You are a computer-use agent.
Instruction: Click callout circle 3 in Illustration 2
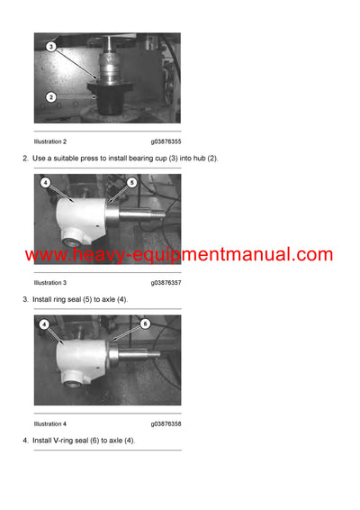pos(51,46)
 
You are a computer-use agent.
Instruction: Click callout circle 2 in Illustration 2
pos(51,96)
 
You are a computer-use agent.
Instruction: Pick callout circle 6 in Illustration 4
pos(144,323)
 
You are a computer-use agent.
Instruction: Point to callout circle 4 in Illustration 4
pos(45,323)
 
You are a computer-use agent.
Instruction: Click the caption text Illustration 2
pos(50,141)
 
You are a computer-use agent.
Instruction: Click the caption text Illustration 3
pos(50,283)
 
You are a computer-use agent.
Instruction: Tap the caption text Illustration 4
pos(50,423)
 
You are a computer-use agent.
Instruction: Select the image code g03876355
pos(166,141)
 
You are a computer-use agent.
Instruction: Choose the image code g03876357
pos(166,283)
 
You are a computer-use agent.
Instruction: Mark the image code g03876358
pos(166,423)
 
